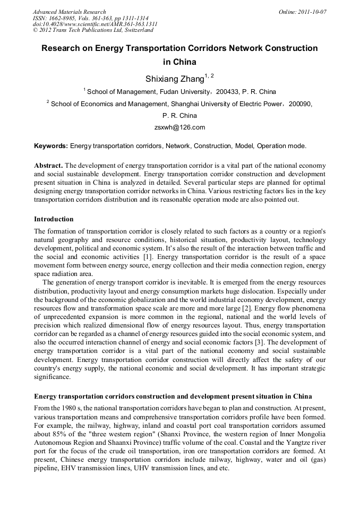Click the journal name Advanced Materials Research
tap(69, 12)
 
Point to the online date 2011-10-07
tap(312, 12)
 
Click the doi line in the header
tap(95, 24)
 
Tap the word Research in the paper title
tap(62, 48)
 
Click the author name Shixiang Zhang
tap(175, 79)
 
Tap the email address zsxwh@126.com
tap(179, 127)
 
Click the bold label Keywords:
tap(51, 145)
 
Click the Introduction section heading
tap(54, 219)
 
